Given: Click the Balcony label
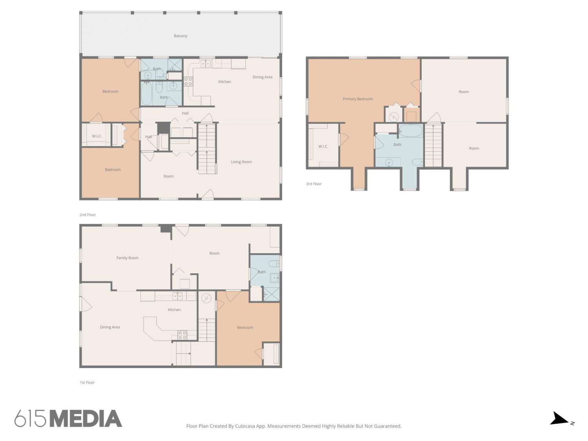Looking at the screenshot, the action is tap(181, 36).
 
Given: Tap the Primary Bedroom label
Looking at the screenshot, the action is tap(358, 99).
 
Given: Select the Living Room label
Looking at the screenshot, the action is tap(241, 162).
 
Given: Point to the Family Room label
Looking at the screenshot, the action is tap(127, 258).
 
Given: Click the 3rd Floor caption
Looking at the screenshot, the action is tap(314, 184).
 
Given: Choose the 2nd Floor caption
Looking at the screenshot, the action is tap(87, 215).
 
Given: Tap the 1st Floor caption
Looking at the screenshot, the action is tap(87, 383).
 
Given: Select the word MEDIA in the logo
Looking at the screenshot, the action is tap(86, 419).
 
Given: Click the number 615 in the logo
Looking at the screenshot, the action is tap(30, 419).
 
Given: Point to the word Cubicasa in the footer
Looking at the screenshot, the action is tap(245, 426).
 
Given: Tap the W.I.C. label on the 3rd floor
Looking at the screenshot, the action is tap(323, 147).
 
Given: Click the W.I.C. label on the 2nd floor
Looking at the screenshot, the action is tap(97, 136).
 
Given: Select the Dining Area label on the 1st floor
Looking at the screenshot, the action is tap(110, 327).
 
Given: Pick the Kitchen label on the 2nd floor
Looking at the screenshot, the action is tap(225, 82).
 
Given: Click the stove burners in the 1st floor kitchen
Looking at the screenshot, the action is tap(182, 335).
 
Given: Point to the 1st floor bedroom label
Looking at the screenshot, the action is tap(245, 327).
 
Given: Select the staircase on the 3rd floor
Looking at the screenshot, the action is tap(433, 145).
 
